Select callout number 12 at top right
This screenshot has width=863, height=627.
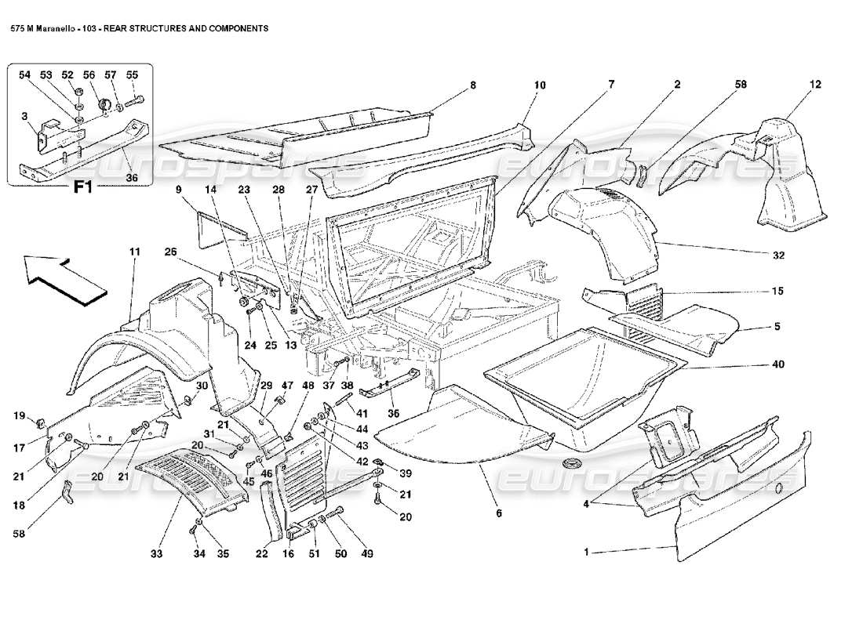816,84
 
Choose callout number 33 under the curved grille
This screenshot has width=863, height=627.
156,554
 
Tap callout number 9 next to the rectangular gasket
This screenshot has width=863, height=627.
178,190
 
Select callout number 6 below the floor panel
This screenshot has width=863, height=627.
498,513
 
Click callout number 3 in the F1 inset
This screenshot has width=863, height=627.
25,117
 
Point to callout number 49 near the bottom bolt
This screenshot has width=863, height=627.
367,554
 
